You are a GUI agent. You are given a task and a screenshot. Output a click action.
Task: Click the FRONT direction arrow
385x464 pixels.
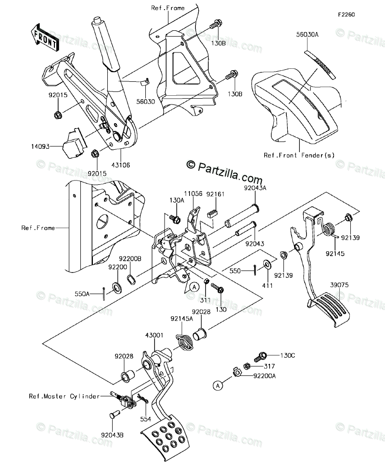tap(44, 38)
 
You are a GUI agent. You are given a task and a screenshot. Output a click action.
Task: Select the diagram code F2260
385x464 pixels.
tap(346, 15)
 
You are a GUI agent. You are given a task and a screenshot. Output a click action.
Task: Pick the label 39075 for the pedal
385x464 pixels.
tap(338, 285)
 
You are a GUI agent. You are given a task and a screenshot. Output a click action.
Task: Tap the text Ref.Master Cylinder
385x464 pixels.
tap(64, 397)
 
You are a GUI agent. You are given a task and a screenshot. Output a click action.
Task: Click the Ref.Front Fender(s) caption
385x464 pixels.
tap(299, 155)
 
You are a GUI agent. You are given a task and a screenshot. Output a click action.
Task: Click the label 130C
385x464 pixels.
tap(288, 356)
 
